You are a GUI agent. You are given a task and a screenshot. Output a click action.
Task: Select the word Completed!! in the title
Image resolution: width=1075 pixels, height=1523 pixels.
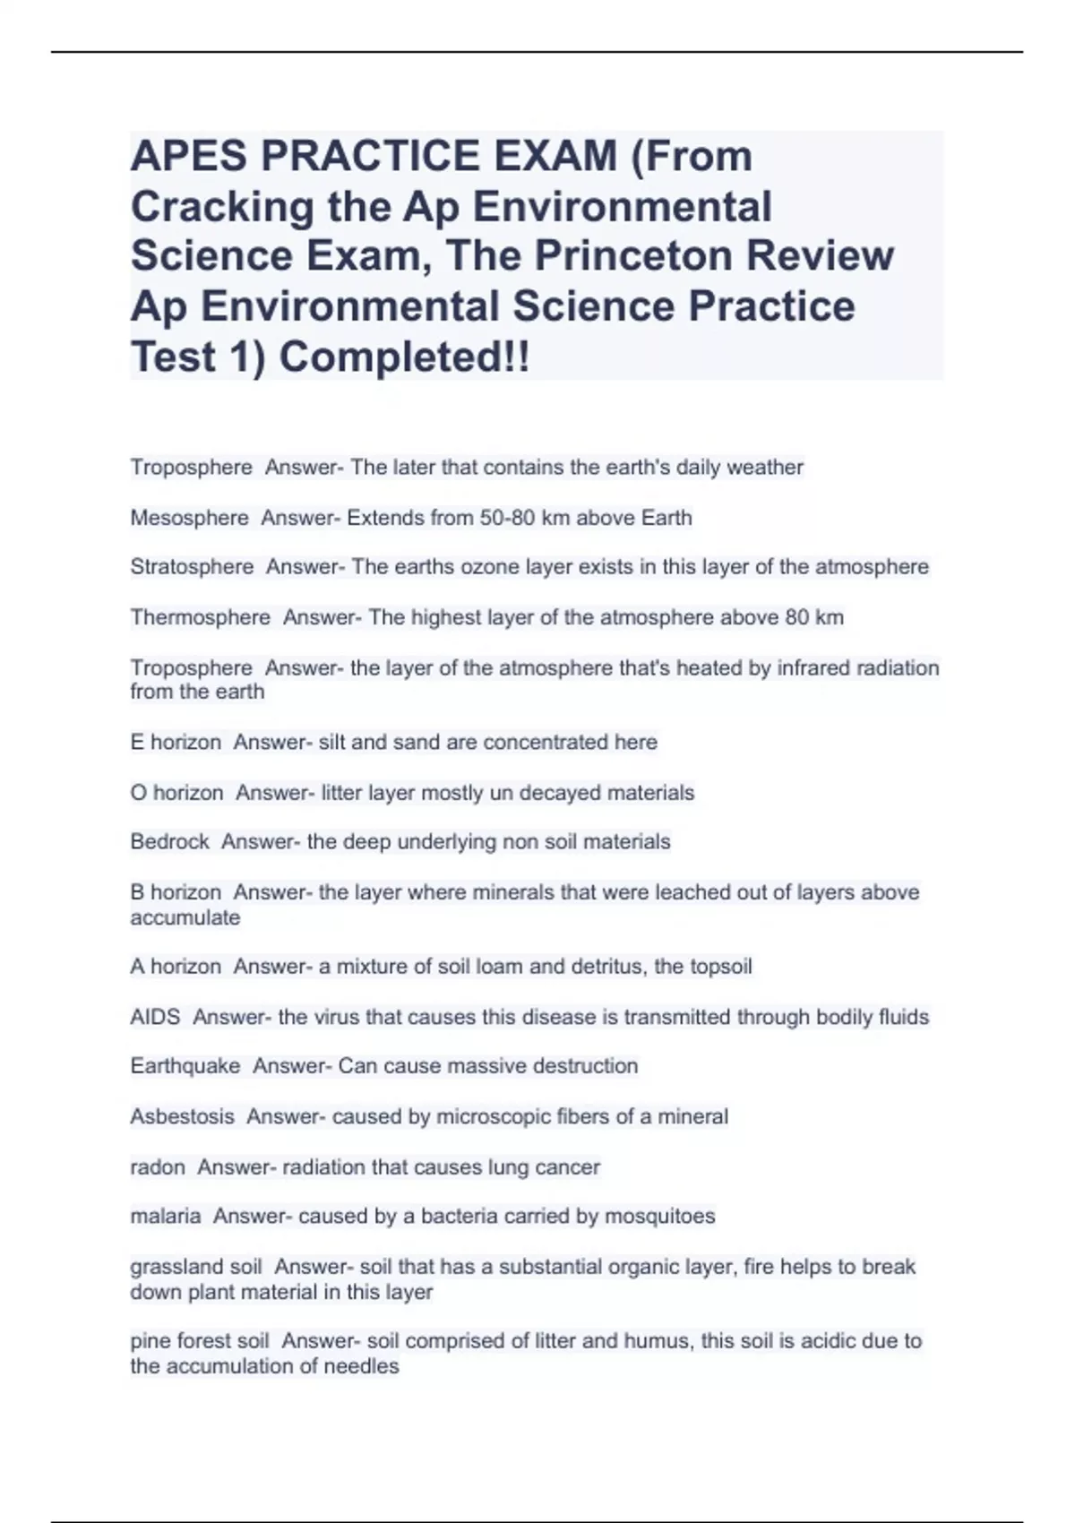click(404, 357)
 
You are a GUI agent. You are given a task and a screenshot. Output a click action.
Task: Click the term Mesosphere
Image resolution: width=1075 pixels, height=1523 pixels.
click(189, 518)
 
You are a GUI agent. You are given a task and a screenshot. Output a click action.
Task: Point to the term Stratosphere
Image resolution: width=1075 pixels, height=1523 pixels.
click(192, 567)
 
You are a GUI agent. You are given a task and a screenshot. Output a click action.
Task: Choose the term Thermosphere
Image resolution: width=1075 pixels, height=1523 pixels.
click(200, 617)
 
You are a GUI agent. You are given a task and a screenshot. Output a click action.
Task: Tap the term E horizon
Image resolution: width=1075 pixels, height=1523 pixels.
click(176, 742)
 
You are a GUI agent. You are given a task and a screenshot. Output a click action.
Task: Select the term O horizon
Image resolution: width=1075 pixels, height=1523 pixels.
click(176, 793)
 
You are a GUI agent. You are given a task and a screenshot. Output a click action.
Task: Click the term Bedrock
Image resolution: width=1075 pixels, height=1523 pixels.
click(169, 842)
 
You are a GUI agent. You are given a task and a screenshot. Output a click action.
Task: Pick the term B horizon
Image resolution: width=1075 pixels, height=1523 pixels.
click(176, 892)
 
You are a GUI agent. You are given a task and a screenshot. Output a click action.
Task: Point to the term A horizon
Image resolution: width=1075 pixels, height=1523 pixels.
click(176, 967)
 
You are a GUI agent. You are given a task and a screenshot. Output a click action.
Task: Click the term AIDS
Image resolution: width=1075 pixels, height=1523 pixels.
click(155, 1017)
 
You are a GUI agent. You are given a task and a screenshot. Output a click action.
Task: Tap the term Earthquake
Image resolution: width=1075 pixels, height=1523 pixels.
click(185, 1066)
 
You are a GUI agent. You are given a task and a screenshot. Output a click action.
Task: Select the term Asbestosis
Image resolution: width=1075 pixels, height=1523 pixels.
click(182, 1116)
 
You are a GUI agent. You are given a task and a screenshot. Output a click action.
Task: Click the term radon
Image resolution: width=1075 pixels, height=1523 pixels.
click(158, 1167)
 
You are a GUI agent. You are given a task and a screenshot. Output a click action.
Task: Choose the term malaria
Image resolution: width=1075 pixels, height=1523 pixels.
click(166, 1217)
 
